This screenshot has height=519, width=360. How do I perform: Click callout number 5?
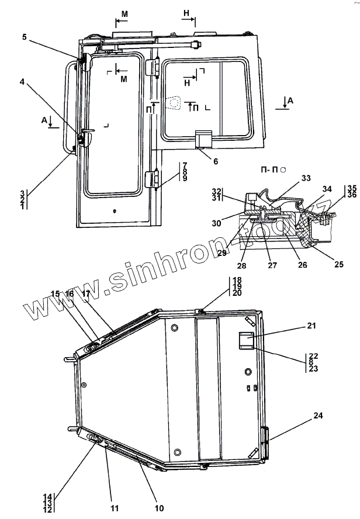coord(25,37)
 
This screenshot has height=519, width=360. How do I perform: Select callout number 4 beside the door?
coord(22,82)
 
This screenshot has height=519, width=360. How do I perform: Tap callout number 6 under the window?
coord(216,161)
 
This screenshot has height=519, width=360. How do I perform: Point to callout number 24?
coord(317,416)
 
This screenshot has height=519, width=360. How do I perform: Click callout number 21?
coord(310,325)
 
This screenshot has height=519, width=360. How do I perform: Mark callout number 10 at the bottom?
coord(159,508)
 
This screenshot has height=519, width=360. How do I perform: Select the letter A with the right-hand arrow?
coord(290,101)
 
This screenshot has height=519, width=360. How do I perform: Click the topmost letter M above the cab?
coord(124,13)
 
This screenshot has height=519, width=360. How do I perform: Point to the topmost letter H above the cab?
coord(186,12)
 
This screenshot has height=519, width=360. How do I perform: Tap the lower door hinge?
coord(154,179)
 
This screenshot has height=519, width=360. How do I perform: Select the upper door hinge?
coord(155,67)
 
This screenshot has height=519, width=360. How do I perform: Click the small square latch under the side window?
coord(202,140)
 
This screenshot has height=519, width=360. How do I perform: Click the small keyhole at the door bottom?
coord(115,211)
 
